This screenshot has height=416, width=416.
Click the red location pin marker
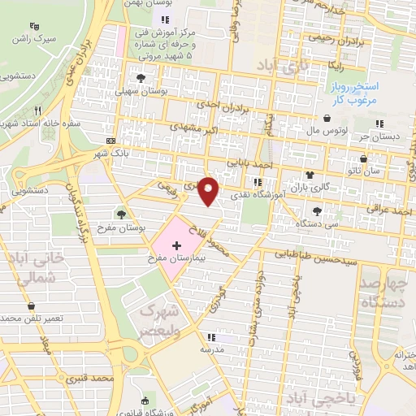coord(210,192)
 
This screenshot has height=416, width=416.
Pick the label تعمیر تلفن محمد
coord(32,318)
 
